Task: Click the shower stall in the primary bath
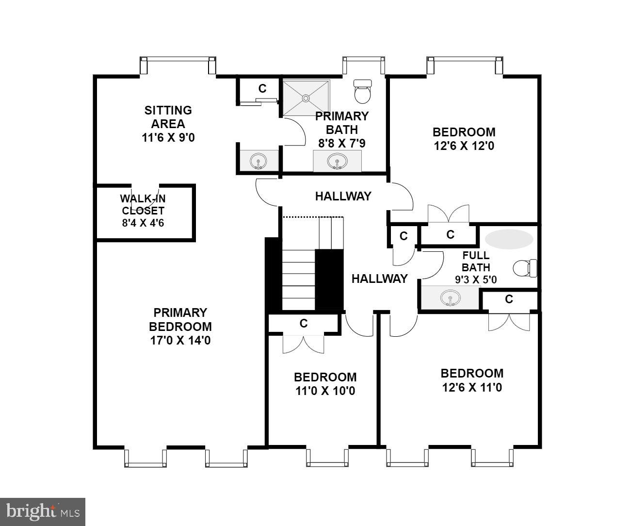[306, 98]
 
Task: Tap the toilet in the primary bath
[362, 92]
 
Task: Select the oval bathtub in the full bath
[509, 239]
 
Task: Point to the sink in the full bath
[450, 298]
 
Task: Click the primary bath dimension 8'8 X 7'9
[341, 144]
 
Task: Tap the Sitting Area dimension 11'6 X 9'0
[168, 138]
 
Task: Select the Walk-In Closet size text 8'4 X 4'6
[143, 223]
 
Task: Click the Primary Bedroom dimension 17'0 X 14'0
[180, 340]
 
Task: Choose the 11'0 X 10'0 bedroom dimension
[325, 391]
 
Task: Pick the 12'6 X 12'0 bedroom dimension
[464, 146]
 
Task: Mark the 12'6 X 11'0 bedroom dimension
[471, 387]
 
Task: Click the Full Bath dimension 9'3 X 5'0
[475, 279]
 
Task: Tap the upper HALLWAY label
[343, 196]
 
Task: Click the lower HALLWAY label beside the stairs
[379, 279]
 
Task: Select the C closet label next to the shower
[262, 88]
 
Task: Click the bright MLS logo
[43, 511]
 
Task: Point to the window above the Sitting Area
[178, 59]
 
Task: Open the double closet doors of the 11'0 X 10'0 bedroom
[303, 344]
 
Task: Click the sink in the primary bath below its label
[337, 161]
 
